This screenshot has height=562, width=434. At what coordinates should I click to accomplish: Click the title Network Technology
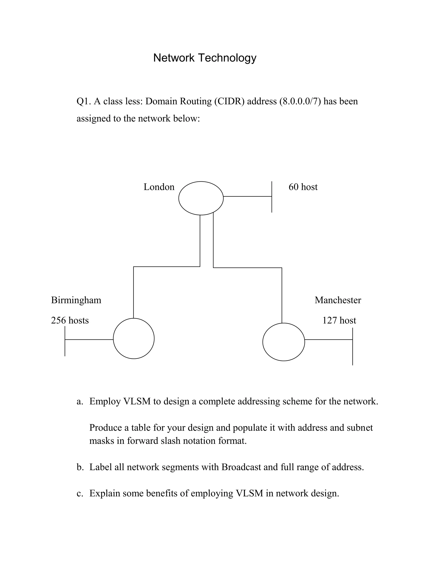(205, 58)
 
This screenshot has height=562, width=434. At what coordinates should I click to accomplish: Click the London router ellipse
(201, 198)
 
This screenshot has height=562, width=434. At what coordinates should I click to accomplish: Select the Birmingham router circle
(134, 338)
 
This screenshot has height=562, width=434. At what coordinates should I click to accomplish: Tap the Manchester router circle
(284, 342)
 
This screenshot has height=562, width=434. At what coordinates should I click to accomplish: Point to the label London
(159, 187)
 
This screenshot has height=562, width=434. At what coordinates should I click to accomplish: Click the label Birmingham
(76, 300)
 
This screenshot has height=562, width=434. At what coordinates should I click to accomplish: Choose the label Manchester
(338, 300)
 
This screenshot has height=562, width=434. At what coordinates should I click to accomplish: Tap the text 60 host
(303, 187)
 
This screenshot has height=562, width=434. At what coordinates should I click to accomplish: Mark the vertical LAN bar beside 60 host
(272, 197)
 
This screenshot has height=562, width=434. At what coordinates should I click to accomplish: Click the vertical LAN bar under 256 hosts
(65, 341)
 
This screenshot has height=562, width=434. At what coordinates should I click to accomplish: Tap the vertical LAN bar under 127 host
(352, 346)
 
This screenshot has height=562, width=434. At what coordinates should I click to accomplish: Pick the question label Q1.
(83, 101)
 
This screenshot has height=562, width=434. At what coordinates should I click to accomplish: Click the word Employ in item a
(105, 401)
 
